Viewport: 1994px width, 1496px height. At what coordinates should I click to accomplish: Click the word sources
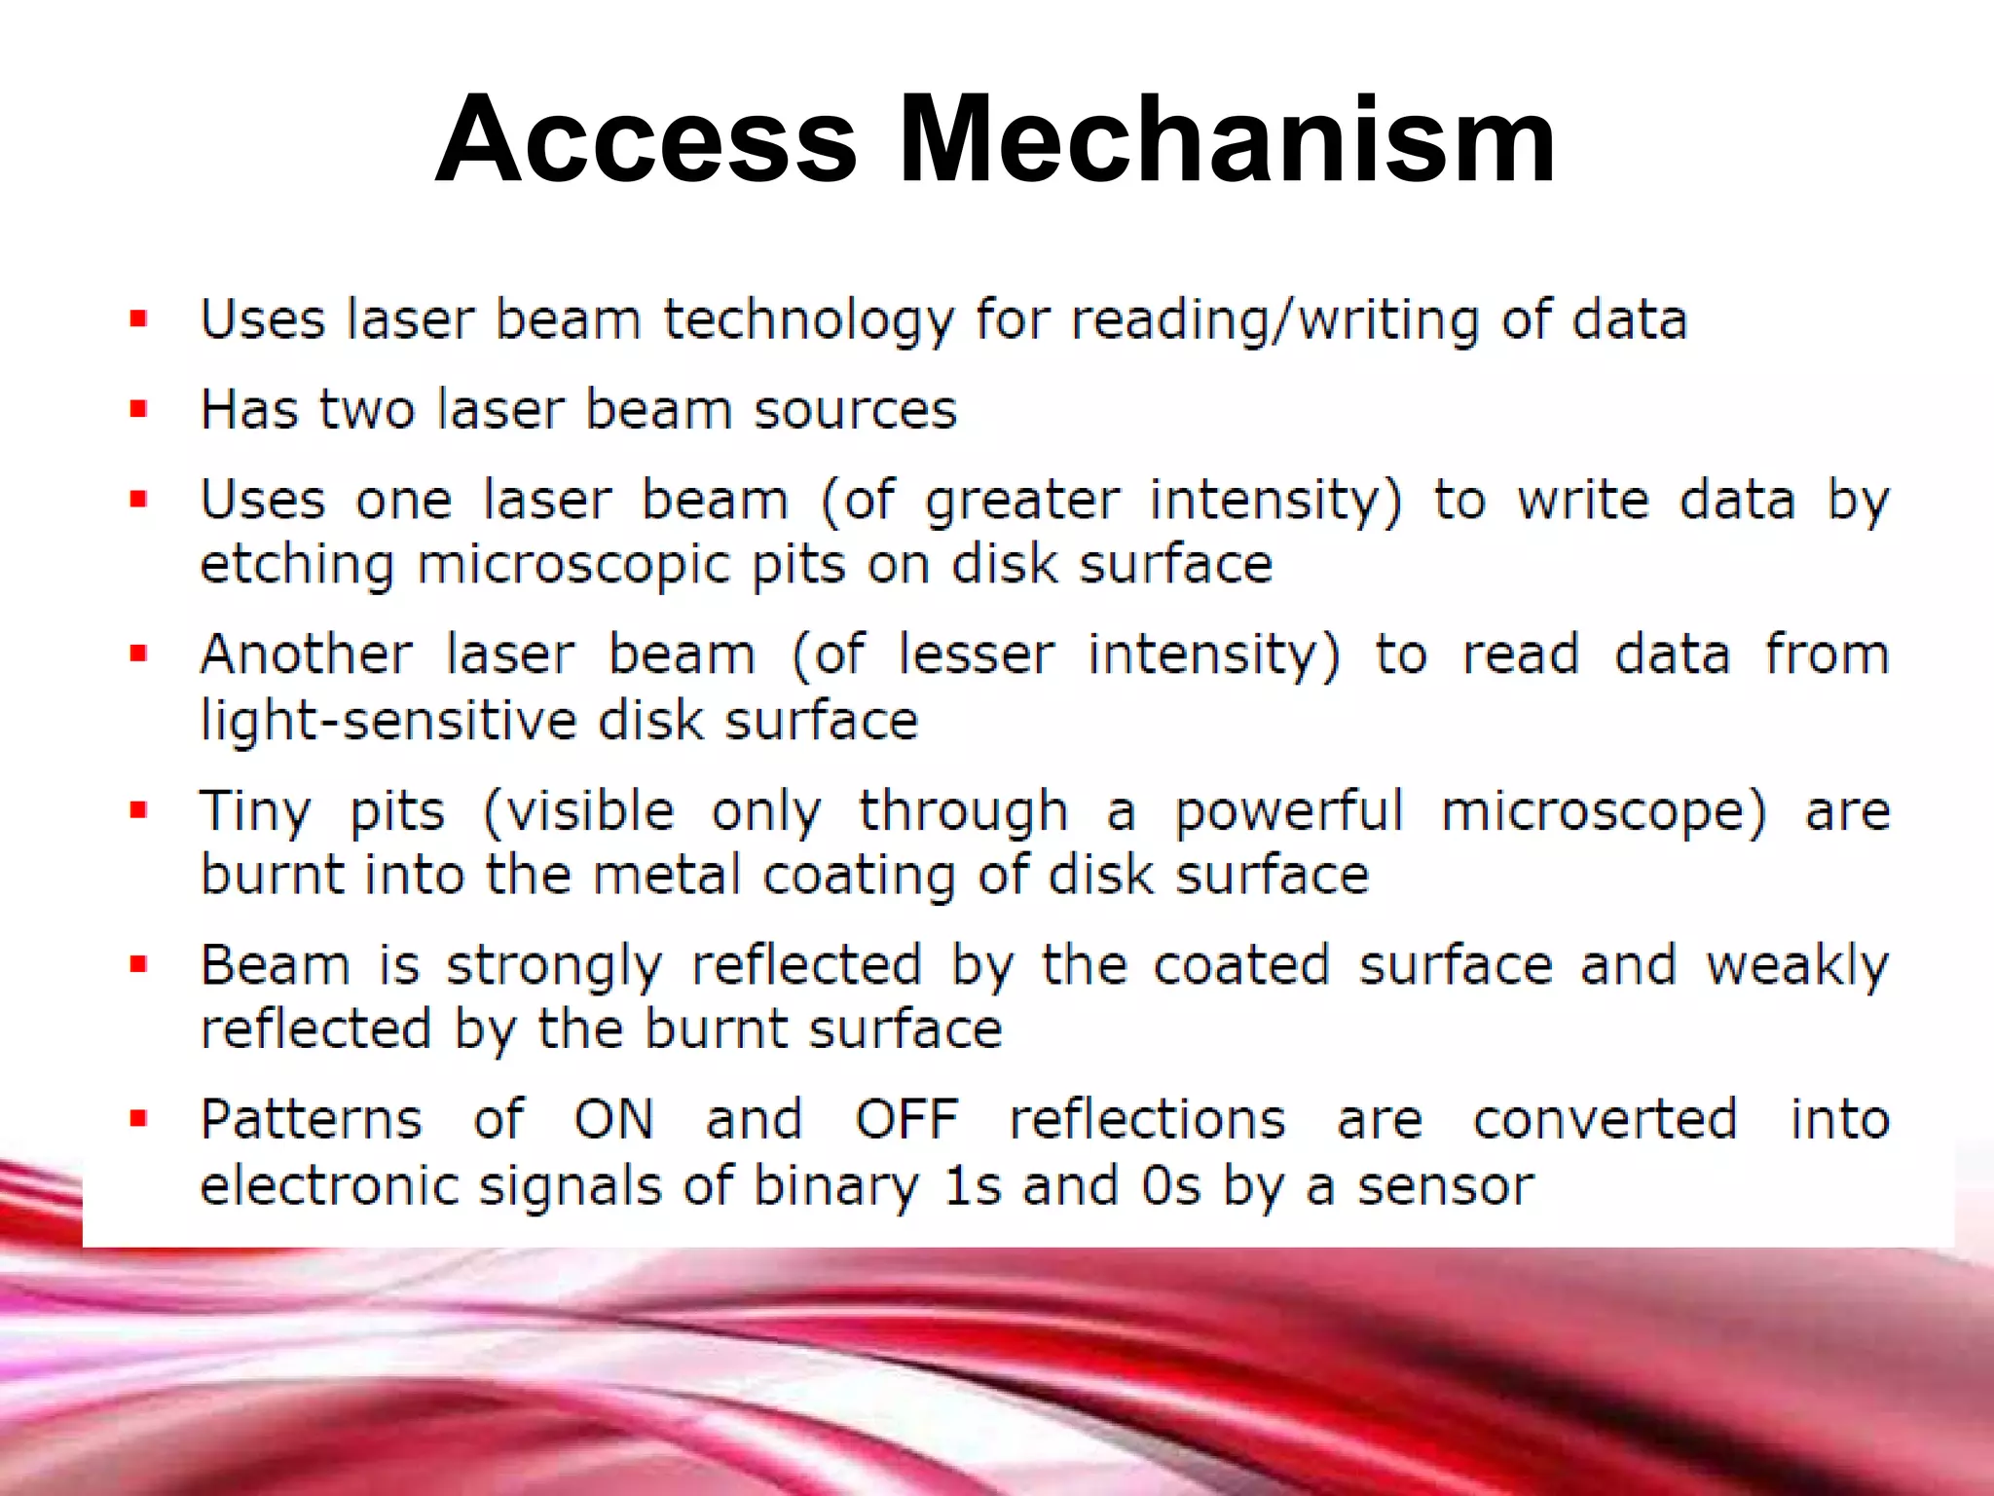[856, 409]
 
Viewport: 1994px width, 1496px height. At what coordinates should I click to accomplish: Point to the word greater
[1022, 502]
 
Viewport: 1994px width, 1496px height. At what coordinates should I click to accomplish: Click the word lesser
[977, 654]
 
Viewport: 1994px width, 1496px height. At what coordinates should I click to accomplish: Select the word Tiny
[255, 811]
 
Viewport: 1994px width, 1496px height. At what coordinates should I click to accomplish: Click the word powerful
[1288, 811]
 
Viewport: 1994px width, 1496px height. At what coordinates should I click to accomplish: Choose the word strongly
[554, 967]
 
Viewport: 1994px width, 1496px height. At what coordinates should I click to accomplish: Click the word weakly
[1797, 967]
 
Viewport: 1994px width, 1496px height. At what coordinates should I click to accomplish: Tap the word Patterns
[312, 1120]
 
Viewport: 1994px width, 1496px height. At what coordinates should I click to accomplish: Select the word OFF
[906, 1120]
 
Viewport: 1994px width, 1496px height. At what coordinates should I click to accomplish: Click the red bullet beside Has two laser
[138, 409]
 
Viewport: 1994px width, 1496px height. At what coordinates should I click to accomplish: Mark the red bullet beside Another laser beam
[138, 654]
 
